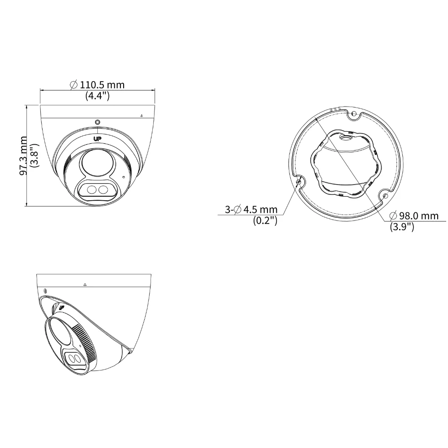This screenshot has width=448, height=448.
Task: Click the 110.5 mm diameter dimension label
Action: pos(97,85)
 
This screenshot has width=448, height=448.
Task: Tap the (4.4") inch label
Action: pos(97,96)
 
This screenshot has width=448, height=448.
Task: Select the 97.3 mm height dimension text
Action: pos(23,155)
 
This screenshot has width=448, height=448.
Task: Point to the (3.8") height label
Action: pos(35,155)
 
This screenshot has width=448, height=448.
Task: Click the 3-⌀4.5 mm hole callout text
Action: pos(251,209)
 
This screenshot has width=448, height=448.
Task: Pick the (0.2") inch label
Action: pos(265,220)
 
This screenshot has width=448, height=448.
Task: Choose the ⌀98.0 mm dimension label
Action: pos(414,216)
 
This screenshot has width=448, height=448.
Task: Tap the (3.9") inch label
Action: pos(402,227)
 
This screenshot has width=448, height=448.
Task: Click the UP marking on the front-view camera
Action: pos(97,139)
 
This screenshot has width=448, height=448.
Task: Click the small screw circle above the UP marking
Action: pos(97,122)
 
